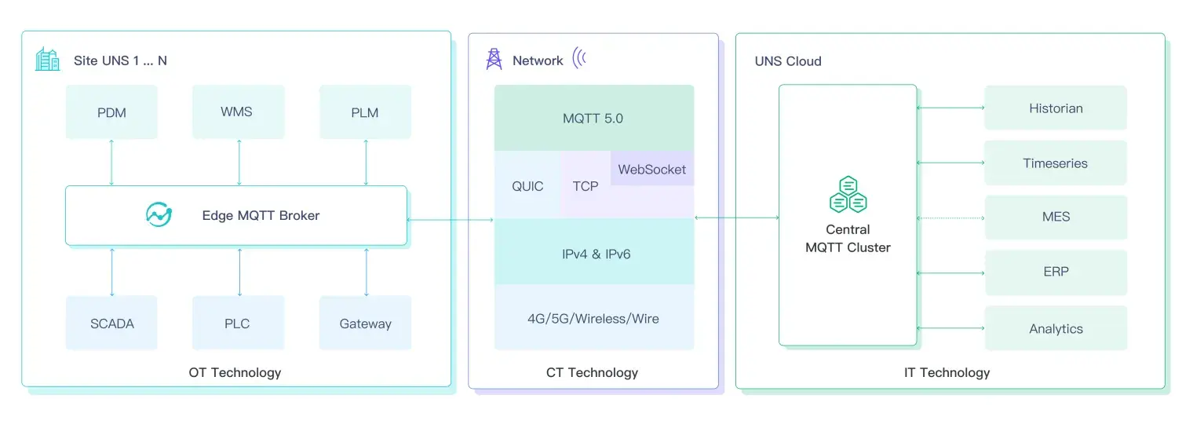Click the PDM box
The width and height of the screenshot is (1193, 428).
[x=111, y=112]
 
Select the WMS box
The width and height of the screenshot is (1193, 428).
[x=237, y=112]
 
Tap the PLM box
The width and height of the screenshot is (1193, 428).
[x=365, y=112]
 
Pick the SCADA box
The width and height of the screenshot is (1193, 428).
[x=111, y=323]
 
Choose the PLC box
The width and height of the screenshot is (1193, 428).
[x=237, y=323]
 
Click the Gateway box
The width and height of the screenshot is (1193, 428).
[x=365, y=323]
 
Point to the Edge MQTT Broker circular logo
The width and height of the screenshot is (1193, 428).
[x=159, y=214]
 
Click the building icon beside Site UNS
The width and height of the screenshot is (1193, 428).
[x=48, y=59]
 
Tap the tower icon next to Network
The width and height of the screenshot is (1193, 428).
[x=494, y=59]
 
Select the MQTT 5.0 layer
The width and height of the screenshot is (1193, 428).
[x=593, y=119]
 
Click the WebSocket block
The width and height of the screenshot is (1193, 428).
[x=652, y=169]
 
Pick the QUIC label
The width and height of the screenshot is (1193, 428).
[x=527, y=186]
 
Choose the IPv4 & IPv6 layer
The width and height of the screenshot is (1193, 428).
[x=593, y=254]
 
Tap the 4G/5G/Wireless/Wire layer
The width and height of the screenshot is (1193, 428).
[x=593, y=318]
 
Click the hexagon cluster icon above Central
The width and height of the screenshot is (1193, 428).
[x=848, y=195]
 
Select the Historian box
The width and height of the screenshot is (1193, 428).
[x=1056, y=108]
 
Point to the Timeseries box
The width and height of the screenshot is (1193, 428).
[x=1056, y=163]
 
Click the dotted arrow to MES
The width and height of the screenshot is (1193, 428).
[x=950, y=218]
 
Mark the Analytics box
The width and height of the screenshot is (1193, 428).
[x=1056, y=328]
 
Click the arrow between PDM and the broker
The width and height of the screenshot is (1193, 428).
[x=111, y=163]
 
